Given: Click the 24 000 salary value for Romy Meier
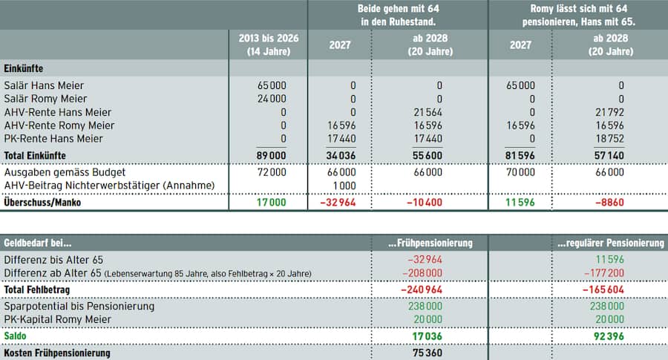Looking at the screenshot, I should pyautogui.click(x=272, y=99).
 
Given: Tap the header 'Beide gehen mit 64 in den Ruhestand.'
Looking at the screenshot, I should pyautogui.click(x=398, y=16).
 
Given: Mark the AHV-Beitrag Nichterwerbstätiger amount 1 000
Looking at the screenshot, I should pyautogui.click(x=344, y=185).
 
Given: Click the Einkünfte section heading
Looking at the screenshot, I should pyautogui.click(x=24, y=68).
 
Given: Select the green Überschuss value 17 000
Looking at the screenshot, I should pyautogui.click(x=271, y=202).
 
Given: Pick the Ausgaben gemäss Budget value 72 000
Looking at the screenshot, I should pyautogui.click(x=271, y=171).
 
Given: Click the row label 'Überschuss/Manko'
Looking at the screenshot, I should pyautogui.click(x=42, y=202).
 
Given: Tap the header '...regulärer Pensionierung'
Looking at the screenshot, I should pyautogui.click(x=611, y=243).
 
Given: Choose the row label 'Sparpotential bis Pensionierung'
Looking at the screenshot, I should pyautogui.click(x=79, y=306).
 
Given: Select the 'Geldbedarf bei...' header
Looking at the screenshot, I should pyautogui.click(x=38, y=243).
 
